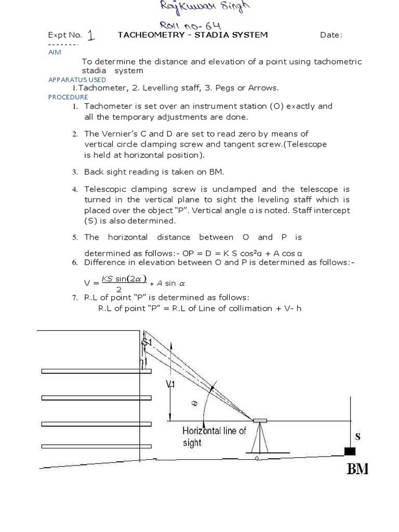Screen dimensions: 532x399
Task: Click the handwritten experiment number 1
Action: tap(92, 35)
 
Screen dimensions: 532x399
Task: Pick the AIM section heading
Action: tap(54, 52)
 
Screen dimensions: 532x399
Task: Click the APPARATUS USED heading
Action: tap(77, 79)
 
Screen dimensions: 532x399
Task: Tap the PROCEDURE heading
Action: tap(68, 97)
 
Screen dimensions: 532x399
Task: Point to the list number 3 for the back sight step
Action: tap(75, 172)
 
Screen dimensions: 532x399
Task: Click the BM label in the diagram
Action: tap(357, 469)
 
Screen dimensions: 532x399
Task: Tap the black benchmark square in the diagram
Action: tap(350, 451)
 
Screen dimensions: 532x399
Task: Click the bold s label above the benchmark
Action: tap(357, 436)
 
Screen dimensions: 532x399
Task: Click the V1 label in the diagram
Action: tap(171, 385)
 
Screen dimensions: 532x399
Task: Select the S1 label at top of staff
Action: tap(148, 342)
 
